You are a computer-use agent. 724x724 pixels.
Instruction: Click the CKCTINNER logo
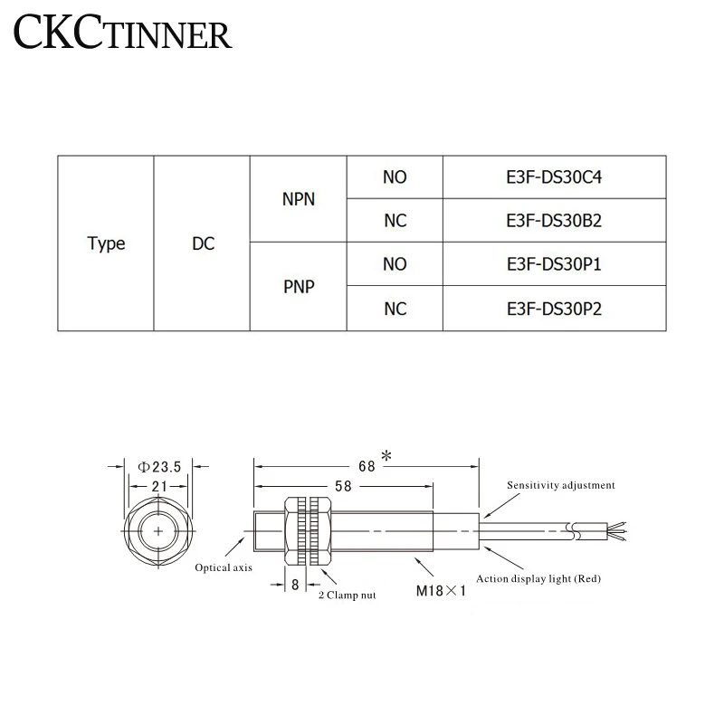(123, 33)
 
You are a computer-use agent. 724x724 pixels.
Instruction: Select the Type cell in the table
(106, 243)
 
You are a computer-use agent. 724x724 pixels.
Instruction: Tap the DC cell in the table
(203, 243)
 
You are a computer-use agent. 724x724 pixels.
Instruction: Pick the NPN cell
(299, 199)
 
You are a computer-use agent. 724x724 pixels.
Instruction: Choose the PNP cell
(299, 287)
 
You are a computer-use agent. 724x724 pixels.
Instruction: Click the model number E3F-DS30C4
(555, 177)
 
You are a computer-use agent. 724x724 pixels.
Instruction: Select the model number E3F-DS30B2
(555, 221)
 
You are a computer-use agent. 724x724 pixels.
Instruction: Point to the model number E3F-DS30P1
(555, 265)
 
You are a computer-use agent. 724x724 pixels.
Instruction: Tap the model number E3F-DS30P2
(555, 309)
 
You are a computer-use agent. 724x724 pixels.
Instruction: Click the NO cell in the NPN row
(395, 177)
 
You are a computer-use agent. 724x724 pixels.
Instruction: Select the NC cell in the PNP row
(395, 309)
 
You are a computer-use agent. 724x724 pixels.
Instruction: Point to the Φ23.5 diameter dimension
(160, 466)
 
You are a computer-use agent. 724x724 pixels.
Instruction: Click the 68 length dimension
(367, 466)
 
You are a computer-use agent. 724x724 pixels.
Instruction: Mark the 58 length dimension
(343, 487)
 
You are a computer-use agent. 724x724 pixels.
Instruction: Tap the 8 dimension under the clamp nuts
(295, 585)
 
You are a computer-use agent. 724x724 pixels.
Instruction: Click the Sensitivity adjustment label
(561, 485)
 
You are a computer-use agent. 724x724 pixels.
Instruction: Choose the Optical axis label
(224, 568)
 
